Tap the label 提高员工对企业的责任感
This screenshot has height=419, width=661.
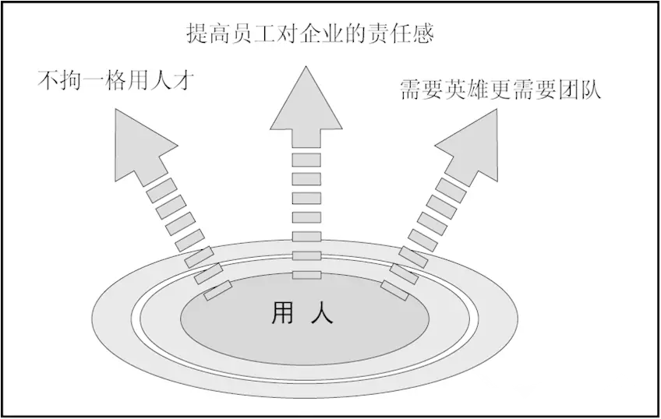[x=309, y=33]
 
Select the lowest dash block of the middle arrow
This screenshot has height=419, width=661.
[x=306, y=274]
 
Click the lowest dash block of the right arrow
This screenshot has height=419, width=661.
[x=394, y=290]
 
